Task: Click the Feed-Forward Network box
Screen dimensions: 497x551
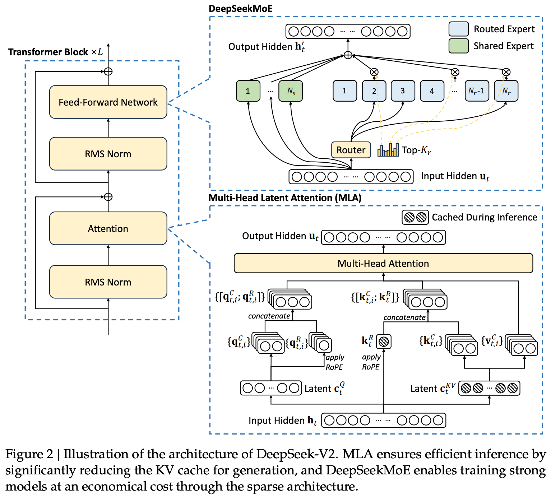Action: (108, 102)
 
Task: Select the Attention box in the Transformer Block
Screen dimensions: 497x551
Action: (108, 229)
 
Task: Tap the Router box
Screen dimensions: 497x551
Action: (351, 150)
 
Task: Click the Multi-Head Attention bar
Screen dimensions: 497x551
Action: (383, 264)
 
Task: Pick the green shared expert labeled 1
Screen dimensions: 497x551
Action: (248, 91)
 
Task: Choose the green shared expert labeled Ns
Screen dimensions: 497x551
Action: (291, 91)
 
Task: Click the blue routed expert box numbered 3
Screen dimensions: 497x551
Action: (403, 91)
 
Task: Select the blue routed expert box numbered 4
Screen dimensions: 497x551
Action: (432, 91)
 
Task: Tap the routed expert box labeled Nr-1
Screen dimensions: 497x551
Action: (477, 91)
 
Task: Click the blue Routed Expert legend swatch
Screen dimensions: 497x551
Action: (458, 29)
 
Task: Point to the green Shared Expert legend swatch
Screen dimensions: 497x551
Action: (458, 46)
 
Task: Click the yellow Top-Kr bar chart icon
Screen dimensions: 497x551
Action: (388, 150)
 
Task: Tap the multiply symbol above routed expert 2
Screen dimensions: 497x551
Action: (374, 72)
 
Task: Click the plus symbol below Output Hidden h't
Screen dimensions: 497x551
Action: (348, 55)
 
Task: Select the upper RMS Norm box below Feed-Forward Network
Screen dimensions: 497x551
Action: (108, 154)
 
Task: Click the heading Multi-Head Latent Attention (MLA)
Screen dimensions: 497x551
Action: (285, 198)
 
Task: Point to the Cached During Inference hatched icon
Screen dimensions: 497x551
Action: (415, 217)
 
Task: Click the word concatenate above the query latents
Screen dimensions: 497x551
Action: (269, 316)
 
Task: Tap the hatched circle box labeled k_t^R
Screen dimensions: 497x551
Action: (384, 342)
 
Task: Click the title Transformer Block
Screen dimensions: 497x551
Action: (48, 52)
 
